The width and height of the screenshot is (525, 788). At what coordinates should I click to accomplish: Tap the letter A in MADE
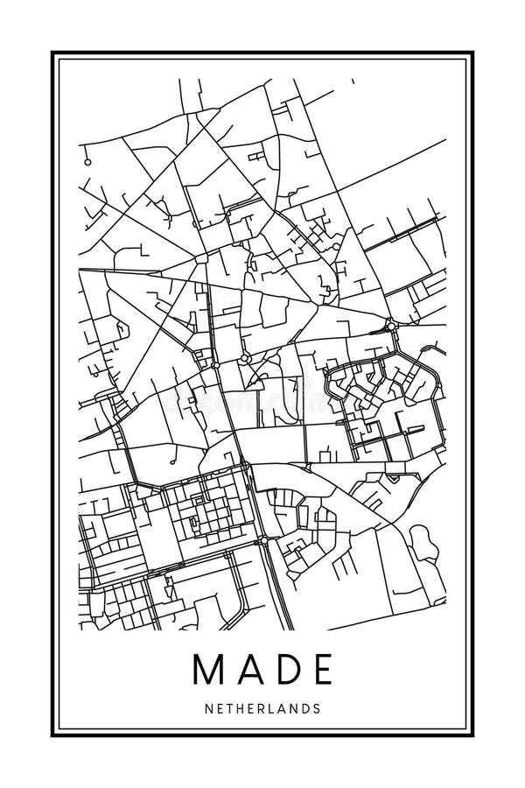pyautogui.click(x=246, y=670)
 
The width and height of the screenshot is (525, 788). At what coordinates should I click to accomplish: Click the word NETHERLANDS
pyautogui.click(x=262, y=707)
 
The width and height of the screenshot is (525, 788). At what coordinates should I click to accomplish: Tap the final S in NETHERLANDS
pyautogui.click(x=317, y=707)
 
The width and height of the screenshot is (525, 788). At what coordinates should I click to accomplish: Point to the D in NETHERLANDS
pyautogui.click(x=305, y=707)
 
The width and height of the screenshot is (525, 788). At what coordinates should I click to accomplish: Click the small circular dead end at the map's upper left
pyautogui.click(x=87, y=162)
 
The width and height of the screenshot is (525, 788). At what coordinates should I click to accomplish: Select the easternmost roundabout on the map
pyautogui.click(x=391, y=327)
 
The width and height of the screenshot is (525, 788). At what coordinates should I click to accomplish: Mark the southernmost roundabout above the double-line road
pyautogui.click(x=263, y=542)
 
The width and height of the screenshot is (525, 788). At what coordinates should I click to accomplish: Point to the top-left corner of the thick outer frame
pyautogui.click(x=52, y=53)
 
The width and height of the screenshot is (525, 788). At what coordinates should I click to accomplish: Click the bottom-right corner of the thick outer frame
pyautogui.click(x=473, y=735)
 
